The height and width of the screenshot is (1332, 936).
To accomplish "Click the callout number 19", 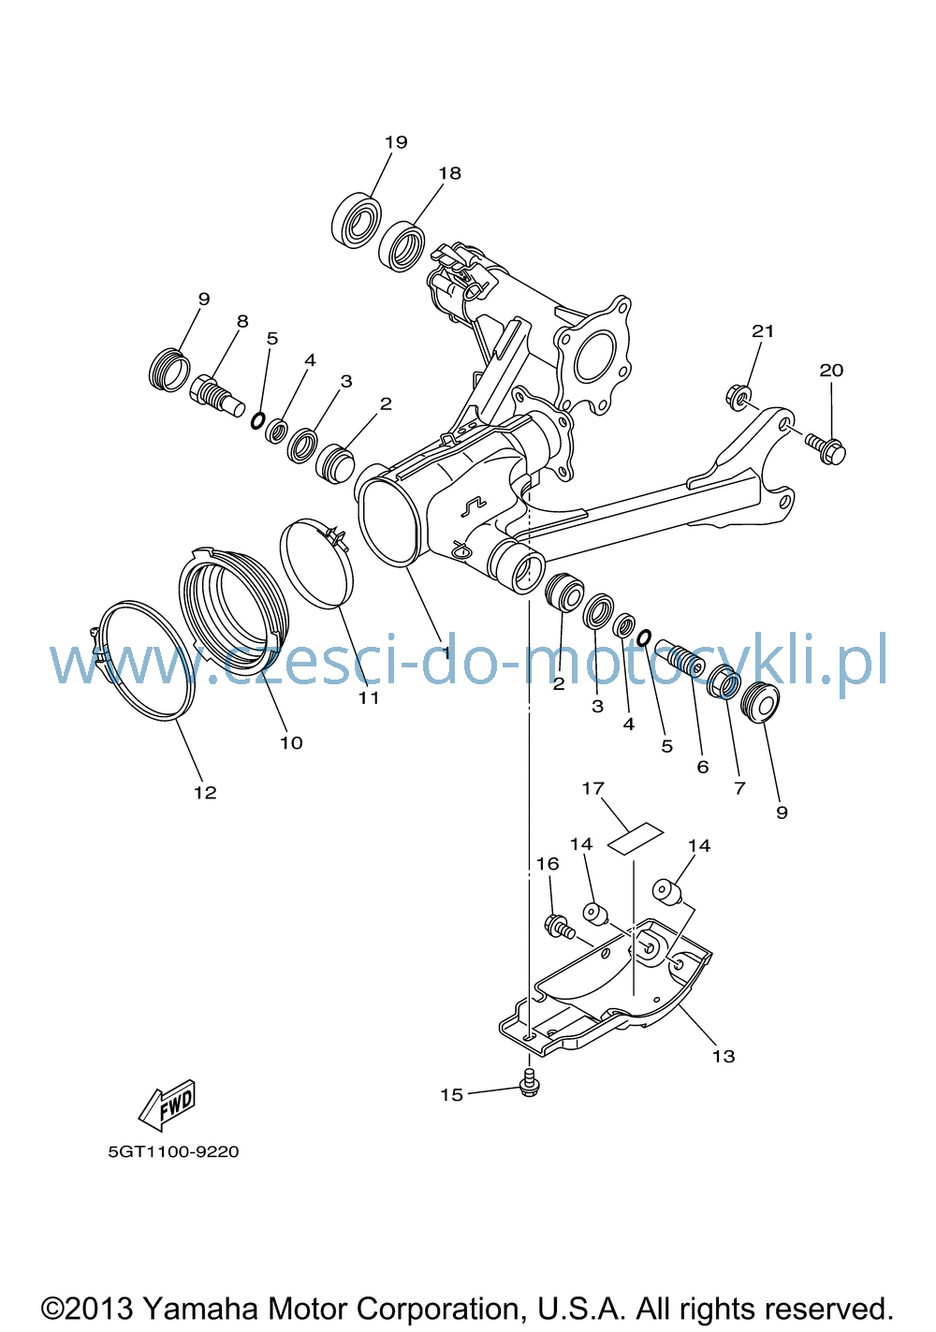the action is pos(395,142).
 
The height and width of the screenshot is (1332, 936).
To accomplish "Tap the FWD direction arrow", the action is pos(167,1105).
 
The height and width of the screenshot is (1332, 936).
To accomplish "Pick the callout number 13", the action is pos(724,1056).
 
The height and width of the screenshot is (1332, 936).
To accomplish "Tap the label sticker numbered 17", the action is pos(635,839).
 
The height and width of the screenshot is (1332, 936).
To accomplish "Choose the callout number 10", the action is pos(291,742).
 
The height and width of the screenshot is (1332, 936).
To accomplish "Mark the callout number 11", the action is pos(369,697).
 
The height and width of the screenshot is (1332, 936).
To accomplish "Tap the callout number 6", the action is pos(703,767).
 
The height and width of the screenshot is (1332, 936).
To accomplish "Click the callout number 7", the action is pos(739,788).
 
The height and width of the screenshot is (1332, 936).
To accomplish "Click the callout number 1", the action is pos(446,652).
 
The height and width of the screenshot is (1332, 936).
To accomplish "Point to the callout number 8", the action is pos(242,321).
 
